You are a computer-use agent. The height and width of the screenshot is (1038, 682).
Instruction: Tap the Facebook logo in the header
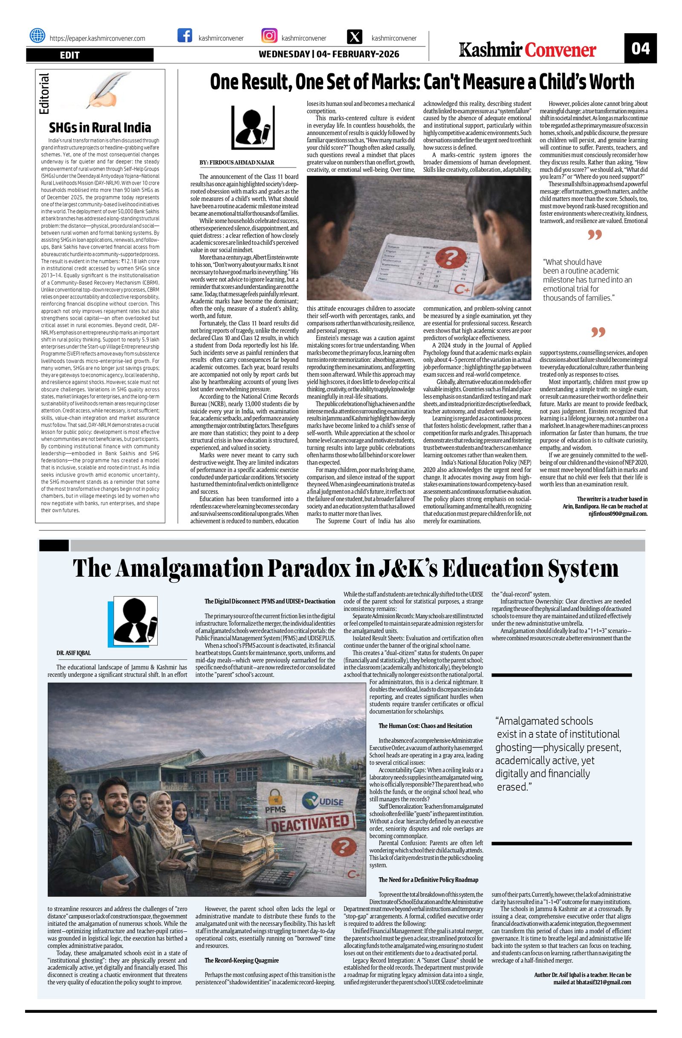pos(185,35)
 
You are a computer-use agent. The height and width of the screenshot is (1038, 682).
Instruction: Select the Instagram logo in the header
pos(269,35)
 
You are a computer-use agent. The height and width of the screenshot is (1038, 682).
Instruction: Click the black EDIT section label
pos(90,55)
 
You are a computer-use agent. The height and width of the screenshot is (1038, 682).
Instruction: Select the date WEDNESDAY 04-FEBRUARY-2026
pos(329,55)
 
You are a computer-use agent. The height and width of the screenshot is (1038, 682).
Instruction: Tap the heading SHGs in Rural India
pos(100,127)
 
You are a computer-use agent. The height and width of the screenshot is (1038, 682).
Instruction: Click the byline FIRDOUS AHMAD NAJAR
pos(236,163)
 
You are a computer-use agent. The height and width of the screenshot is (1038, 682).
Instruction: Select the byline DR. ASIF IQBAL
pos(74,653)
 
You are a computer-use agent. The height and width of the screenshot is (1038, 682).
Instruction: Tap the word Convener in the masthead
pos(561,51)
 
